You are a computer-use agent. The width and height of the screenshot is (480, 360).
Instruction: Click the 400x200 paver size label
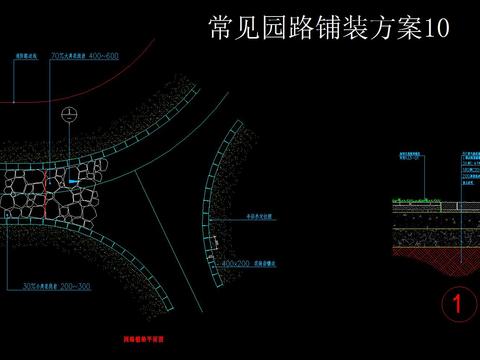236,263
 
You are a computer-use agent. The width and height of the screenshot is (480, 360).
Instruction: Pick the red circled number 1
457,304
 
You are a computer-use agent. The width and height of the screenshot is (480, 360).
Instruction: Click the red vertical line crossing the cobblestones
45,195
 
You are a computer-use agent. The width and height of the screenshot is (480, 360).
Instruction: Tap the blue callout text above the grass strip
408,159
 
